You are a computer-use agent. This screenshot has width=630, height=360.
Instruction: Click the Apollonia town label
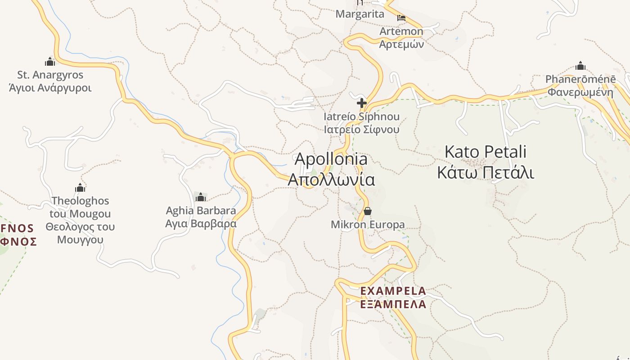tap(331, 159)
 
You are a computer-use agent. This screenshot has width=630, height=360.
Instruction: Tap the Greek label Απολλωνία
tap(331, 180)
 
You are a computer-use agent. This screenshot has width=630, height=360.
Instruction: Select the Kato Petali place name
tap(485, 152)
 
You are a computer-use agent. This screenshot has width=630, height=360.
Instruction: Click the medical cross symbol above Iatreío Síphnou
tap(361, 103)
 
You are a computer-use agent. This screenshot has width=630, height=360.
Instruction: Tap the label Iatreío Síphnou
tap(361, 117)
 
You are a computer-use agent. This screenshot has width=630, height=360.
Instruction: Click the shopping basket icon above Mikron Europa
tap(368, 211)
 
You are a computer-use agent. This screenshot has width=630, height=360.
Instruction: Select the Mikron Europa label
tap(368, 224)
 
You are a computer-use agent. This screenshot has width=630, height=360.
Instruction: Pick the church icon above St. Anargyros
tap(50, 62)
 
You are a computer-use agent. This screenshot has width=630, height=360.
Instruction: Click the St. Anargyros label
tap(50, 75)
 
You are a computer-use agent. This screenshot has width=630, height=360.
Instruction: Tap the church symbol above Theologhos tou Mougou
tap(80, 188)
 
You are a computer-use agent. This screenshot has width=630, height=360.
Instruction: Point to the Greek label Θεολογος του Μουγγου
tap(80, 233)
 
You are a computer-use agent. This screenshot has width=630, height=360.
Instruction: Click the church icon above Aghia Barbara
tap(201, 197)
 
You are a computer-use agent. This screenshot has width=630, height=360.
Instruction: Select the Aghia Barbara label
tap(201, 211)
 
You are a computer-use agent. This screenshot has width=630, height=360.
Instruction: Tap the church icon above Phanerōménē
tap(580, 66)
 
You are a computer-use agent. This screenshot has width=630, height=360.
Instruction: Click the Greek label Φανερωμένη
tap(580, 93)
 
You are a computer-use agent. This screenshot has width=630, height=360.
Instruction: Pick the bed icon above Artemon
tap(401, 18)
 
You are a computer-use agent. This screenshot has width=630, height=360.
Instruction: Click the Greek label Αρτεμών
tap(401, 44)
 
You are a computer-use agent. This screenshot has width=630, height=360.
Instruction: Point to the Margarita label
tap(360, 14)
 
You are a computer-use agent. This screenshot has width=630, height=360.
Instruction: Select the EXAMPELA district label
tap(393, 291)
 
